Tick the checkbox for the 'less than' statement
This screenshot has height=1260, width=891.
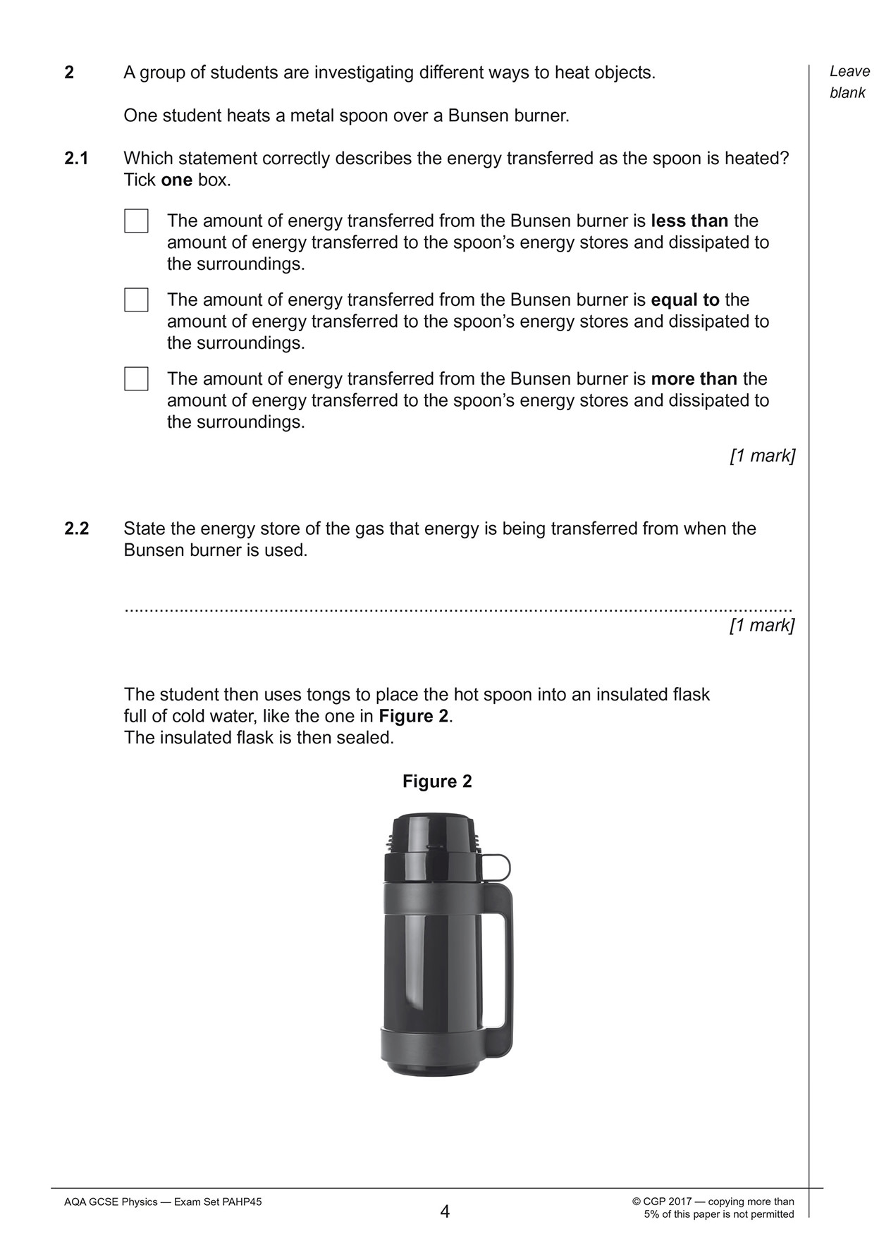coord(136,221)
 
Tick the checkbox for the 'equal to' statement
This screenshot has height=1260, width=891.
coord(136,300)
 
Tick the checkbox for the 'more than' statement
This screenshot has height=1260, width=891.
coord(136,379)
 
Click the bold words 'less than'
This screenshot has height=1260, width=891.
coord(689,221)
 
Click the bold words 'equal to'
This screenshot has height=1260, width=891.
coord(684,300)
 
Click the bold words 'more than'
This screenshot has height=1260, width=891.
coord(694,379)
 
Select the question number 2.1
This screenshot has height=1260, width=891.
coord(76,159)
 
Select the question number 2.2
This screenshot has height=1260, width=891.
coord(76,529)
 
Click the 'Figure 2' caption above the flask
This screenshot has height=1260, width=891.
coord(437,782)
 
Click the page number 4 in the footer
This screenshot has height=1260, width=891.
coord(445,1212)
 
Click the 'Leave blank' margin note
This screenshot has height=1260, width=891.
coord(849,82)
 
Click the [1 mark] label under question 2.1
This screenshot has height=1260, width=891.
coord(762,456)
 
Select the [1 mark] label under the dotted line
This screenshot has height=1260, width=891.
coord(762,626)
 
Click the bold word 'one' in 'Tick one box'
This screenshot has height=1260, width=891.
coord(176,180)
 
